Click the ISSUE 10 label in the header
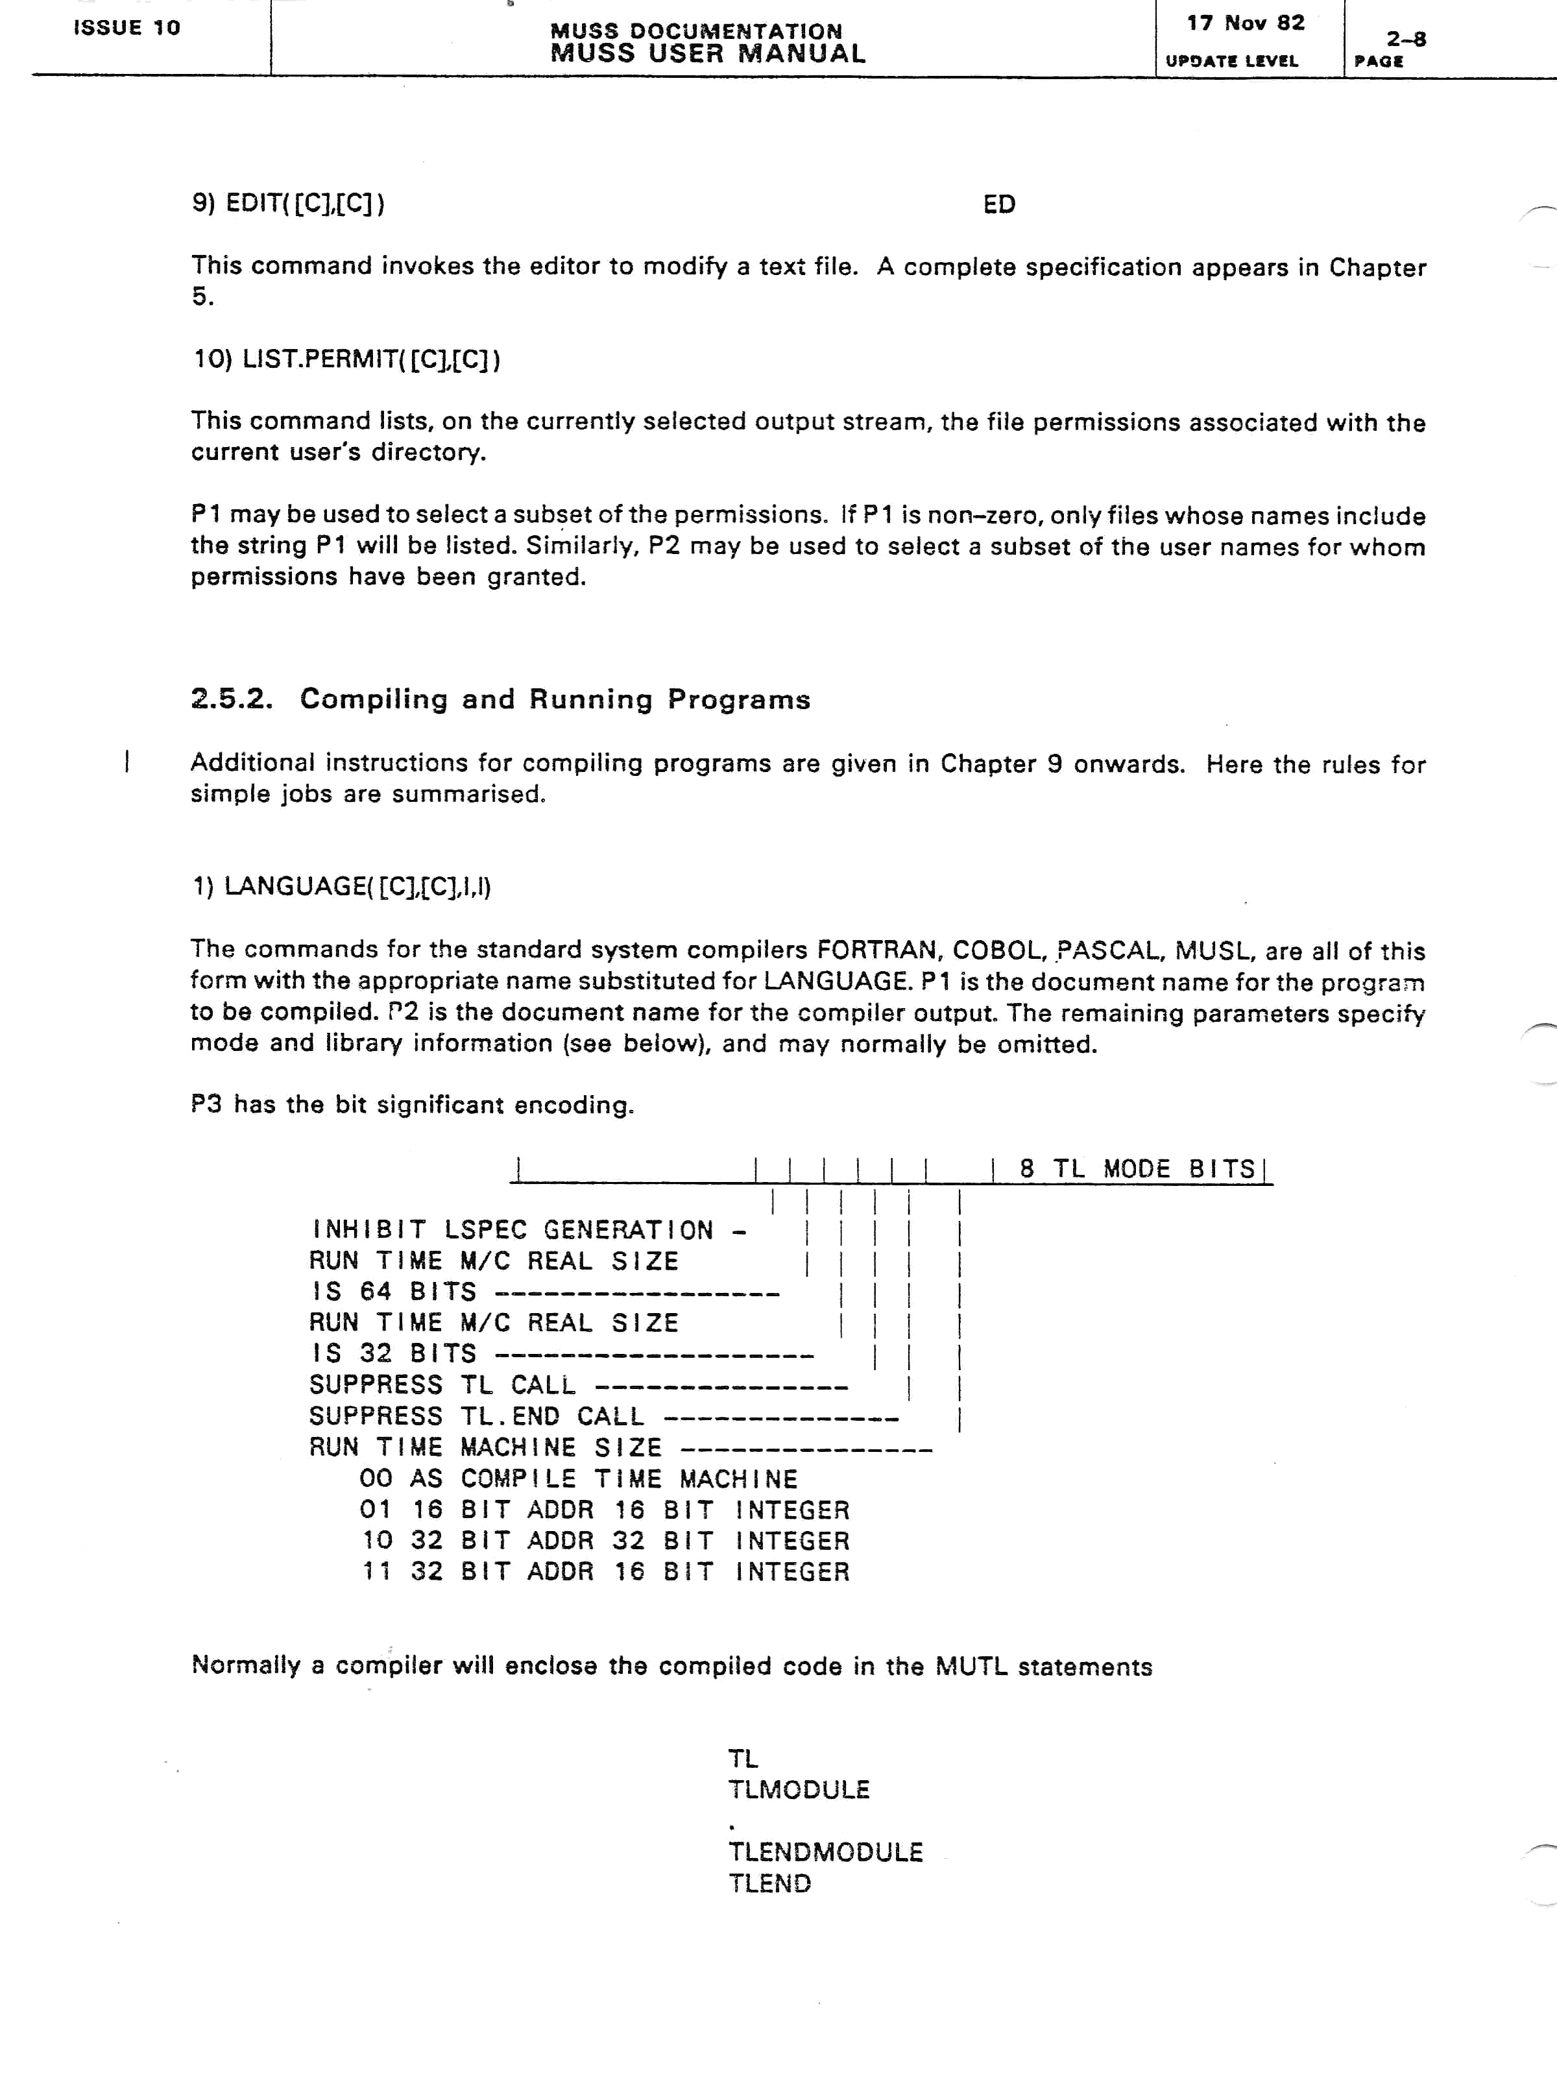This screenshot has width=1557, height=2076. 127,27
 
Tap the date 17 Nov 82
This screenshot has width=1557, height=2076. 1246,23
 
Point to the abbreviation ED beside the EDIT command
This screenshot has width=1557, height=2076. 998,204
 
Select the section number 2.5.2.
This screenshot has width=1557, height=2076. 231,699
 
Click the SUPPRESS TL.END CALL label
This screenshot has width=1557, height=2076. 477,1416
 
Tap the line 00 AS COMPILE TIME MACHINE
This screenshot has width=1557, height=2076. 578,1479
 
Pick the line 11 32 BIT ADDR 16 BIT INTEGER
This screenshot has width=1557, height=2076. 605,1572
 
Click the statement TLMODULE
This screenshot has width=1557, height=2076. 799,1790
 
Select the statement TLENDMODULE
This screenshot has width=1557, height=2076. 826,1853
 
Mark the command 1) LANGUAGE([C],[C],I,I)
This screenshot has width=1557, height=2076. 342,887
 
